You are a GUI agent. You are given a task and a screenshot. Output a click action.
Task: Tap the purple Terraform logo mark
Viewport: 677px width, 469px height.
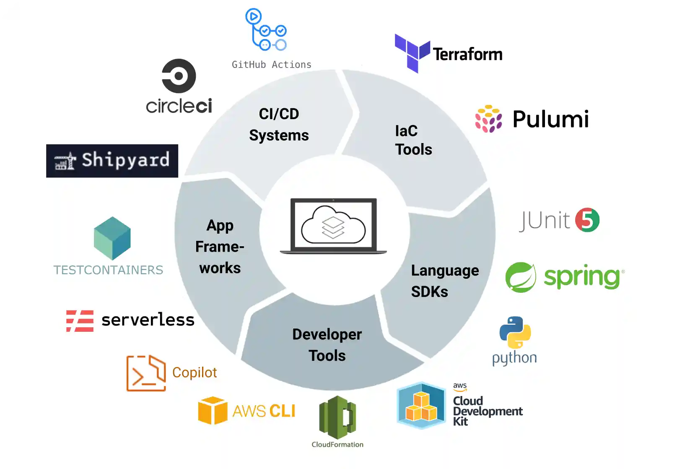[x=412, y=53]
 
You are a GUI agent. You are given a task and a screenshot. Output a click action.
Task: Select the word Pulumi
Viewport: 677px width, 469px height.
[x=550, y=119]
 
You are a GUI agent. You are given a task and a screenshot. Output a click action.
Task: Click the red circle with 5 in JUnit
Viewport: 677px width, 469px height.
[x=587, y=220]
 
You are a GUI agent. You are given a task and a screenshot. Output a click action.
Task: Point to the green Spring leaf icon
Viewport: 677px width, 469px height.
[x=521, y=277]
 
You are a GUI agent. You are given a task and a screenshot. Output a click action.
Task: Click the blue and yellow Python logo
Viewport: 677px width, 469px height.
[x=515, y=333]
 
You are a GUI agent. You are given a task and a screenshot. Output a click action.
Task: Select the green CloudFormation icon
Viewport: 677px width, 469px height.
[x=337, y=417]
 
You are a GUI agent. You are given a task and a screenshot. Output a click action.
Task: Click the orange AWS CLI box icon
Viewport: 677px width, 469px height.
[x=213, y=410]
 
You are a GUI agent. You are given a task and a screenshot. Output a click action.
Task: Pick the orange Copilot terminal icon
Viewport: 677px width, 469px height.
[x=146, y=373]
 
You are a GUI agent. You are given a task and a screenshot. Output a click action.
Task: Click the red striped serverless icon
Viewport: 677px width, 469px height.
[x=80, y=321]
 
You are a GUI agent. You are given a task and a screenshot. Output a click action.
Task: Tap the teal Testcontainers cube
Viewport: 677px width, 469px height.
[x=112, y=238]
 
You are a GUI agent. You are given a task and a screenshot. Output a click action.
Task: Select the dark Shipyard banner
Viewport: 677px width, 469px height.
[x=112, y=161]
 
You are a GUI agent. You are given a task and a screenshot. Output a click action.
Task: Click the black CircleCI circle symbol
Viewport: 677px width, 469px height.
[x=179, y=76]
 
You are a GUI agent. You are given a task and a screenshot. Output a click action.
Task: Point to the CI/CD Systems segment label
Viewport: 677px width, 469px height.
[x=279, y=125]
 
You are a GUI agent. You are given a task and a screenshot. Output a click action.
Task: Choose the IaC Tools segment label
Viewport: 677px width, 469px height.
[x=413, y=140]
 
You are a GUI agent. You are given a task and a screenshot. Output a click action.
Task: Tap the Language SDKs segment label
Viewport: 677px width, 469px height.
[x=444, y=281]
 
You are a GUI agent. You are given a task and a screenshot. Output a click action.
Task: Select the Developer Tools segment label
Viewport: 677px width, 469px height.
[x=327, y=345]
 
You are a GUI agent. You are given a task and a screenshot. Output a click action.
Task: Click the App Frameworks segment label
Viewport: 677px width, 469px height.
[x=220, y=247]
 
